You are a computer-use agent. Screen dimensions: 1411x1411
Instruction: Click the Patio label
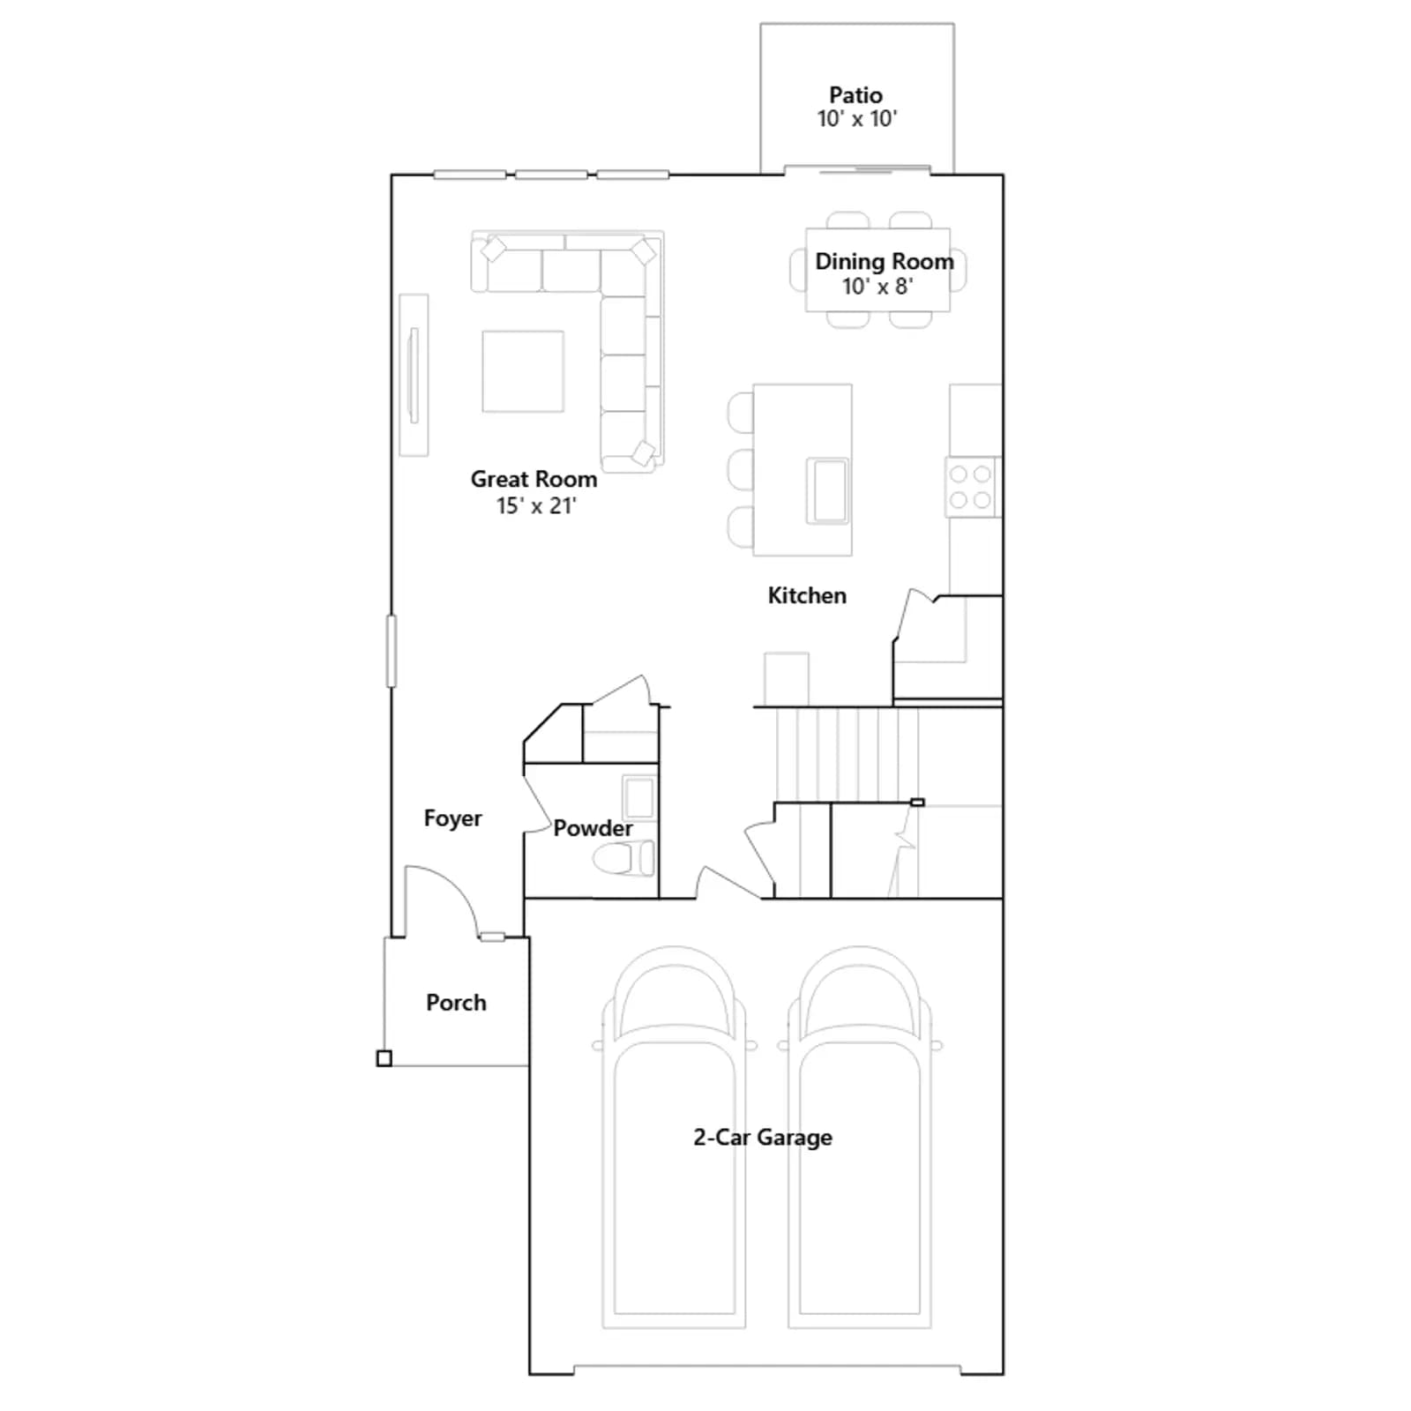click(855, 95)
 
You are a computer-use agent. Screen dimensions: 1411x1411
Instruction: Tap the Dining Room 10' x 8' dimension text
click(877, 287)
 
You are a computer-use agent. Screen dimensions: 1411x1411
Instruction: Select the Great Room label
click(534, 479)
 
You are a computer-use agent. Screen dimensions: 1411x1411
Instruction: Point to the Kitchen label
click(807, 595)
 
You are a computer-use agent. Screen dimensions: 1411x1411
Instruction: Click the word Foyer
click(452, 818)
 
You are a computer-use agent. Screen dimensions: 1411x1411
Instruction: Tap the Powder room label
click(593, 828)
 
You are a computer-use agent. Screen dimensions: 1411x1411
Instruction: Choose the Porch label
click(456, 1003)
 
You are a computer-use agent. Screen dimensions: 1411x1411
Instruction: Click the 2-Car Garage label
click(763, 1138)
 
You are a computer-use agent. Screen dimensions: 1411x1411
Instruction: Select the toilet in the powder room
click(623, 858)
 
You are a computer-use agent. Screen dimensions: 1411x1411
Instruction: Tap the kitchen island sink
click(828, 490)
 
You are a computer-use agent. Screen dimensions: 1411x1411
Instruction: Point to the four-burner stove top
click(971, 488)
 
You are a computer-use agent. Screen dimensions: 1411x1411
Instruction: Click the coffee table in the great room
click(523, 371)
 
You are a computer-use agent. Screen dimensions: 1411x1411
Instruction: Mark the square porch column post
click(384, 1058)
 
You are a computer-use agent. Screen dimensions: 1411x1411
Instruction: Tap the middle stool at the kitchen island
click(741, 469)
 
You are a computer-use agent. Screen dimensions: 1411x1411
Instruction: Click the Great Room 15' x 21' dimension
click(536, 506)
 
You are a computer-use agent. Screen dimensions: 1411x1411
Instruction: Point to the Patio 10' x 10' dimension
click(857, 119)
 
